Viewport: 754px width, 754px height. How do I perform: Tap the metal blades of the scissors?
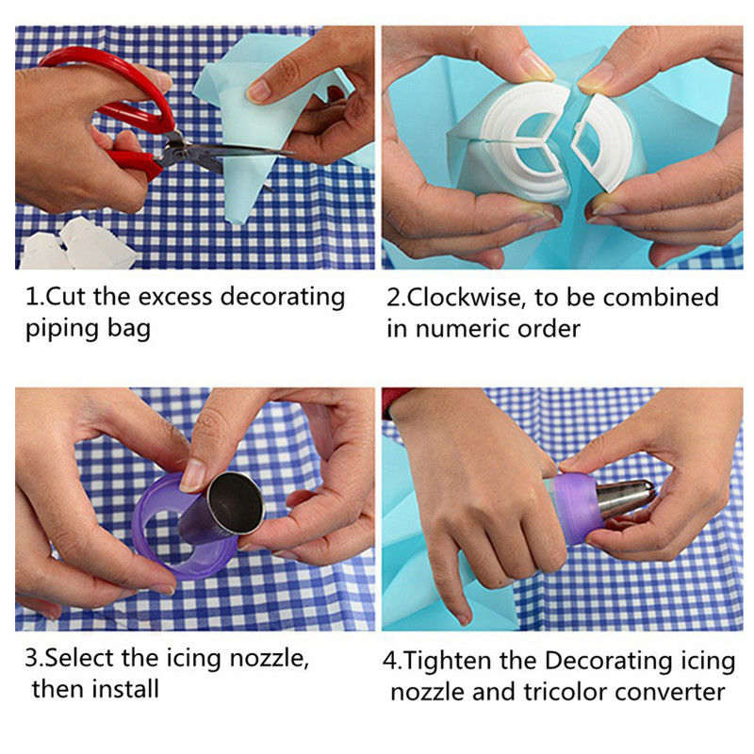pos(226,154)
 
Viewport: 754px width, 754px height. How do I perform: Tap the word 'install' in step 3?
pos(126,689)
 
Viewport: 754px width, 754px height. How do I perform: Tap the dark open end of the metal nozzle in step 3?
pos(238,503)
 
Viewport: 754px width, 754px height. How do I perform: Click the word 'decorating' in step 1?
pos(283,298)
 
